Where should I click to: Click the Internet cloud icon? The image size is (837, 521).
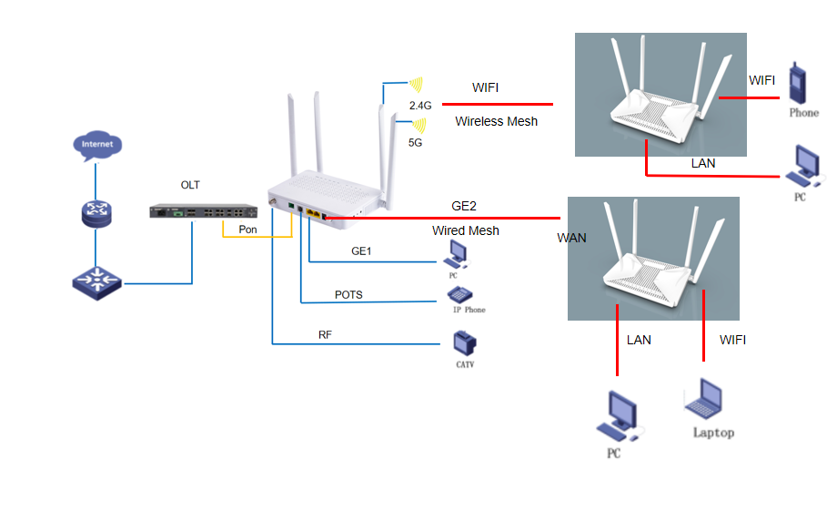[97, 146]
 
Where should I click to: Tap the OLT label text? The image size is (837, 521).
[190, 185]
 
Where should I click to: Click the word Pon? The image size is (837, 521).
[247, 229]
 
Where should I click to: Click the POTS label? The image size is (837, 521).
[348, 294]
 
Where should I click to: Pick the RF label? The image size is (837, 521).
[325, 334]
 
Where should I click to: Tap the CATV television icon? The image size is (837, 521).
[465, 343]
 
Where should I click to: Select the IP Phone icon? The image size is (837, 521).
[459, 294]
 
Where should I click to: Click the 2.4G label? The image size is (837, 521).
[420, 106]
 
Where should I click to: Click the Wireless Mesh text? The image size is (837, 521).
[496, 121]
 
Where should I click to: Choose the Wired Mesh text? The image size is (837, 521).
[465, 230]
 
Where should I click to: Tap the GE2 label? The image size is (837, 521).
[464, 206]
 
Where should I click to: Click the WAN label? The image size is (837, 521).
[572, 239]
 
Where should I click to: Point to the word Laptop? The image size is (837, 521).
[713, 433]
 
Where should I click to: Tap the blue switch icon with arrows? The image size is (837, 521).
[96, 281]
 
